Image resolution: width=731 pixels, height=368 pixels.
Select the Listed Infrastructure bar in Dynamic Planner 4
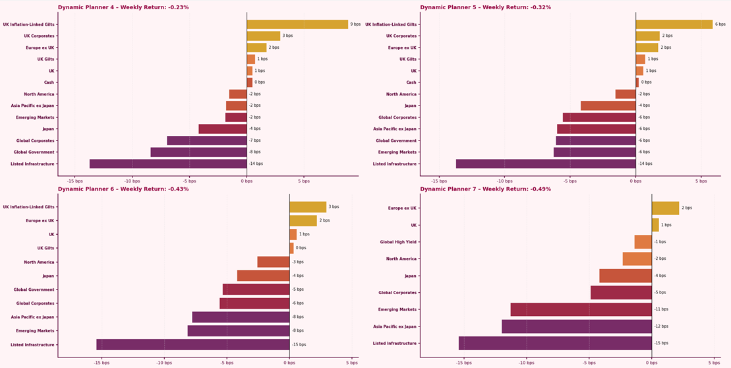(168, 164)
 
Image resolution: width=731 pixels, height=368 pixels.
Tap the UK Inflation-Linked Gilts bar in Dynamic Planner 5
(674, 24)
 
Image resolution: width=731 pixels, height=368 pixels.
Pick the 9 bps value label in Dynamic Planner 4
(355, 24)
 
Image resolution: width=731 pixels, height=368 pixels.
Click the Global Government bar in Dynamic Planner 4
(198, 152)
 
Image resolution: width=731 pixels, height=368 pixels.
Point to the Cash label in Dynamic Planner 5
(411, 82)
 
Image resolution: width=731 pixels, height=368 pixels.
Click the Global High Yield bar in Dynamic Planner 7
(643, 242)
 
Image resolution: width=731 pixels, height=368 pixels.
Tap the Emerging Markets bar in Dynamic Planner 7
(581, 309)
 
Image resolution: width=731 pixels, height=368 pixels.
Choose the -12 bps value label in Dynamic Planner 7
(661, 326)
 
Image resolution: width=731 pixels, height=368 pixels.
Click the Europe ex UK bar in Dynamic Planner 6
(303, 221)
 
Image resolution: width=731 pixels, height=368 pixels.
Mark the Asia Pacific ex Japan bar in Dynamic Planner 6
(241, 317)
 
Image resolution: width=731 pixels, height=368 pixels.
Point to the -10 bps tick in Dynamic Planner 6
(164, 362)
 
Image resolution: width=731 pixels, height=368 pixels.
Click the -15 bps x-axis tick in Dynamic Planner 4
(75, 181)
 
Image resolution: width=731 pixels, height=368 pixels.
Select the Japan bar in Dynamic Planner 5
(608, 106)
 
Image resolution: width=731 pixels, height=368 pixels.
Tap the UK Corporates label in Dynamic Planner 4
(39, 36)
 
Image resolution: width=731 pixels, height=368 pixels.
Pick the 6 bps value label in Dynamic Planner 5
(720, 24)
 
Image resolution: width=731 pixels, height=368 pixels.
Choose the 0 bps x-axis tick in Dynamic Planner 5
(635, 181)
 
